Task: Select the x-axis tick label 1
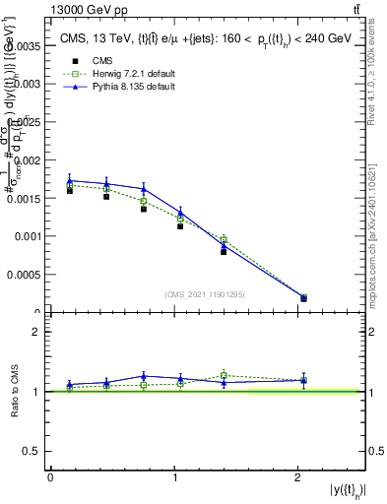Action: click(x=174, y=478)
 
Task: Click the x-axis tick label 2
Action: click(x=297, y=478)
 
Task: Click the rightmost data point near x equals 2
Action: click(x=303, y=297)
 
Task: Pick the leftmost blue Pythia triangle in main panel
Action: click(x=70, y=181)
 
